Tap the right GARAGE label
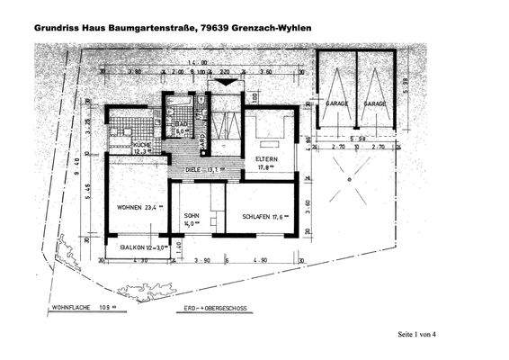pos(375,104)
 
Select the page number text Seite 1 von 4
pos(422,335)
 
